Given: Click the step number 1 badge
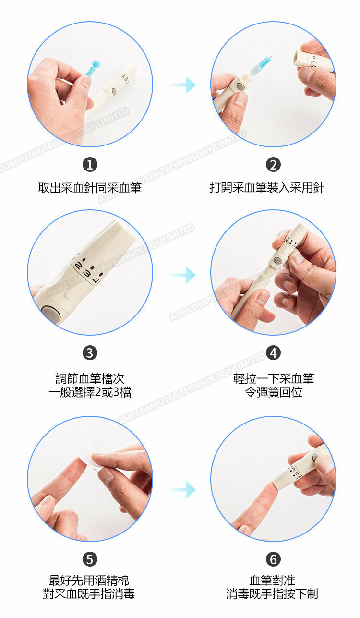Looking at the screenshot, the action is click(x=90, y=165).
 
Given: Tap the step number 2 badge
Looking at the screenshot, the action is click(x=273, y=165).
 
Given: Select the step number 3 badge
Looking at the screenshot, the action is click(x=90, y=353).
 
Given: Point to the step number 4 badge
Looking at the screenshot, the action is click(x=273, y=353).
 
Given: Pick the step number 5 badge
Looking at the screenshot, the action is click(x=90, y=559).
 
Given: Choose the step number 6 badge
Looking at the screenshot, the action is click(x=273, y=559).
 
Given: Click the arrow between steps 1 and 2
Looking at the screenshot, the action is click(x=182, y=85).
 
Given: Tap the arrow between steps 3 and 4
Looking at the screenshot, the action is click(x=182, y=275).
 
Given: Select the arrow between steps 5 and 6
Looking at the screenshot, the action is click(x=182, y=490).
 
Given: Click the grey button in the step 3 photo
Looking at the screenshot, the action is click(x=51, y=313).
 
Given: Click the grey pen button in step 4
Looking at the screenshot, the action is click(x=277, y=260).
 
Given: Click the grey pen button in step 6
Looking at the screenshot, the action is click(x=315, y=458).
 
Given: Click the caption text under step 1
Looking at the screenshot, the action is click(x=90, y=188).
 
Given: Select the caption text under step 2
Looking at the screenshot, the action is click(x=267, y=188).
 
